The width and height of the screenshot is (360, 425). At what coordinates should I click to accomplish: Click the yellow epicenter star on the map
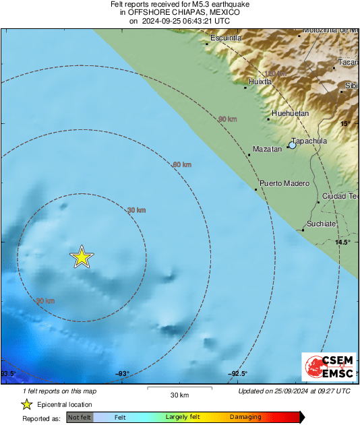coord(82,257)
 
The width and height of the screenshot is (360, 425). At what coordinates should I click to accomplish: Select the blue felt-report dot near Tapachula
coord(292,145)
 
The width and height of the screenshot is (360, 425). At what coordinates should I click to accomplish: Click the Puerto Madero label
coord(284,183)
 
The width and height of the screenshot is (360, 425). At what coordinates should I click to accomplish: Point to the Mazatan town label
coord(266,149)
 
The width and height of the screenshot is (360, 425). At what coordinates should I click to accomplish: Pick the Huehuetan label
coord(290,113)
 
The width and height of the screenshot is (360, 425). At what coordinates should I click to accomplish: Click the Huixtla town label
coord(260,81)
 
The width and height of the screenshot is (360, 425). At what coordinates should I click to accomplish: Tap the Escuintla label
coord(225,38)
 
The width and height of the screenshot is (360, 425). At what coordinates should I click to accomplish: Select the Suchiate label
coord(320,223)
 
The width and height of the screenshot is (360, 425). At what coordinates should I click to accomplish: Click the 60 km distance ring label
coord(182,164)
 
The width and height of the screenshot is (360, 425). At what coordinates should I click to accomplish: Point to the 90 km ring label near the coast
coord(228,119)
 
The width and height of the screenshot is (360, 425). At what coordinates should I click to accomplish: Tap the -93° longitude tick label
coord(121,374)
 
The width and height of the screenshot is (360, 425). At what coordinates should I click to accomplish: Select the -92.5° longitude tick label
coord(237,374)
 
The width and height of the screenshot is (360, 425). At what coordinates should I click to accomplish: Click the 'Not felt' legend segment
coord(80,418)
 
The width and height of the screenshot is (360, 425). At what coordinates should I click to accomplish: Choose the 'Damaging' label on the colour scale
coord(245,418)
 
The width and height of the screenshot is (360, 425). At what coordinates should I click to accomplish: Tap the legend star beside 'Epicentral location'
coord(26,404)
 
